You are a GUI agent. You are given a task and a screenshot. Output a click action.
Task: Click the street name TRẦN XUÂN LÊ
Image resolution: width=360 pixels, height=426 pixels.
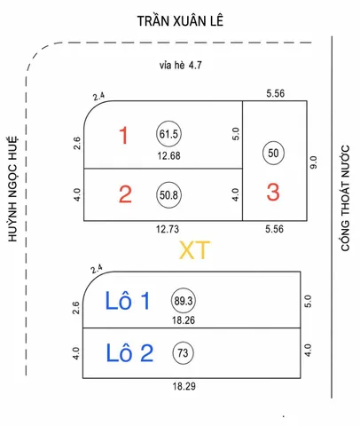180,20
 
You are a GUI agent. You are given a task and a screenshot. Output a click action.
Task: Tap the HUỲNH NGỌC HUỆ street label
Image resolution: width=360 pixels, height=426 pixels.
12,189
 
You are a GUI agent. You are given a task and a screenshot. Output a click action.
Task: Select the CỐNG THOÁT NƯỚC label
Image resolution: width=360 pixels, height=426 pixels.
345,198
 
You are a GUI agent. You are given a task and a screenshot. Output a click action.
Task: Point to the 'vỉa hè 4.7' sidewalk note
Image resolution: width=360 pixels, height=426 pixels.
181,65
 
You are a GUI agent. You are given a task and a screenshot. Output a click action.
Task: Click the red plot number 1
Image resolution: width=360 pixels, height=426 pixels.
123,136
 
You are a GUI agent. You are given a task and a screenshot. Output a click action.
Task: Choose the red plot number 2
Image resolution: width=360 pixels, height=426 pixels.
125,194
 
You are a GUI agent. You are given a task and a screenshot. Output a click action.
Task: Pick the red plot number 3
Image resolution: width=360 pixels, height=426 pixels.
273,193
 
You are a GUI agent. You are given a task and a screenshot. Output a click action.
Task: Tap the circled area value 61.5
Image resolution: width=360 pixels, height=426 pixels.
168,134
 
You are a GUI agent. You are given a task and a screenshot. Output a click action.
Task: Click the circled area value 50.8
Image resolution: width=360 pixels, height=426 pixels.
168,195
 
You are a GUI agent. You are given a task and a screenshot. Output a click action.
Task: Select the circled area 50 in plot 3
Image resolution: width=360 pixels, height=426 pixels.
273,153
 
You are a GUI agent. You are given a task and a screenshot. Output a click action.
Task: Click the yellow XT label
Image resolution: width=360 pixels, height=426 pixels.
194,250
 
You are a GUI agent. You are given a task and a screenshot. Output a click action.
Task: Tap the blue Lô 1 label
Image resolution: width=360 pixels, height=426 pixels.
128,301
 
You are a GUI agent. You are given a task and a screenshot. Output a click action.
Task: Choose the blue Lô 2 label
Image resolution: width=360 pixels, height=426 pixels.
129,353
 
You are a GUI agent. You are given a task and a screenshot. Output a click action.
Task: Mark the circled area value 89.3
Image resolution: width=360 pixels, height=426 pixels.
184,301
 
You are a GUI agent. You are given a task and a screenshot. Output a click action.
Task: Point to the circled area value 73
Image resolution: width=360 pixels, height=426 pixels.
183,352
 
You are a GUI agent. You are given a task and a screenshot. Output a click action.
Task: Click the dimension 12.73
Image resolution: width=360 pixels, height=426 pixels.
168,229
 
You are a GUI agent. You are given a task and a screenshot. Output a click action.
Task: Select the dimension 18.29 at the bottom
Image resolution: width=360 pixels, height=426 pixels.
184,386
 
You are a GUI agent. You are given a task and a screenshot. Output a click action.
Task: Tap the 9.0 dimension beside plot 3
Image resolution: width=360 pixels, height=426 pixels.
314,162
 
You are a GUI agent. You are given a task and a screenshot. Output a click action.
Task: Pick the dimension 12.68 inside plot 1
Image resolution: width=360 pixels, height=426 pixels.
168,155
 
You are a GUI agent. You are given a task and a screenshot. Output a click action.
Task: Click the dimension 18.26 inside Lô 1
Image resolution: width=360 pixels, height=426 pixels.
184,320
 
